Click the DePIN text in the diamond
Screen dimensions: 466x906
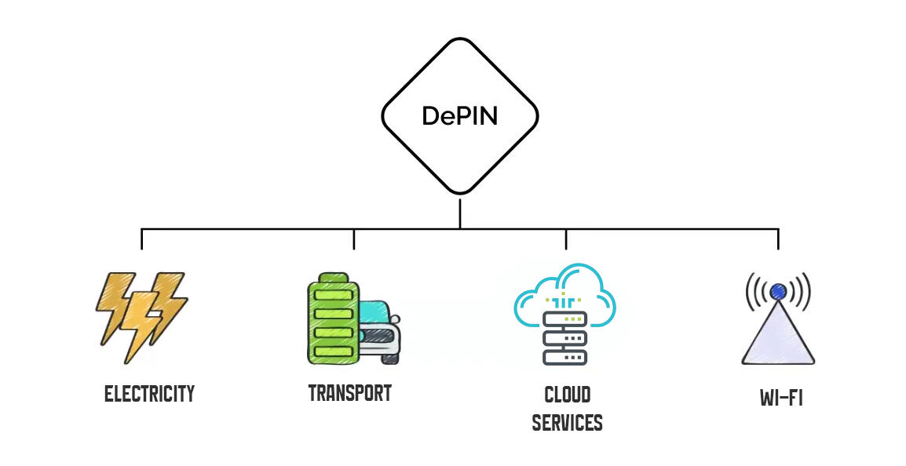pos(460,115)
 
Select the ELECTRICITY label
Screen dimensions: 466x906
pos(149,394)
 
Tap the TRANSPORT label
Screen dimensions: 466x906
pos(350,393)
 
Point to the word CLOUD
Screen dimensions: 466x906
pos(567,394)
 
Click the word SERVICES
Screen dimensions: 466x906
pos(567,423)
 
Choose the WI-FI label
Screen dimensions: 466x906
pos(781,398)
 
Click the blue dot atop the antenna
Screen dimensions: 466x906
pos(778,292)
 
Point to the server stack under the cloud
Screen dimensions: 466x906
pos(565,338)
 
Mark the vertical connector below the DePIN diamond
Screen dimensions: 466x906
pos(460,212)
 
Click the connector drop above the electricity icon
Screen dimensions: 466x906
pos(142,239)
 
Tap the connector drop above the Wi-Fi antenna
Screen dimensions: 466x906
pos(778,239)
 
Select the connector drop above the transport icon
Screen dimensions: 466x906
pos(354,239)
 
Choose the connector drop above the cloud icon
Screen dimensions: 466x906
pos(566,239)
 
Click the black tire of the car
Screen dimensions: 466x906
pos(390,357)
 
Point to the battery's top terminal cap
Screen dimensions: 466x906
pos(333,277)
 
